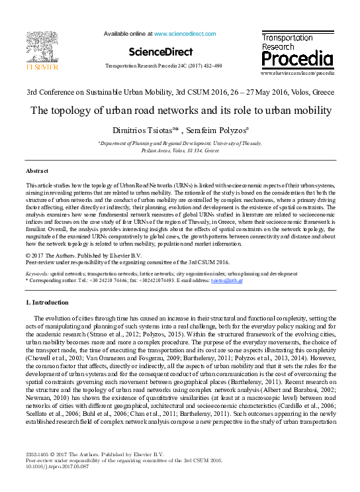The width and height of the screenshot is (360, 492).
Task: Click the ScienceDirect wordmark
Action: (x=161, y=52)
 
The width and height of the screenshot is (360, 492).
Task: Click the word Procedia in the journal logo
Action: (x=296, y=60)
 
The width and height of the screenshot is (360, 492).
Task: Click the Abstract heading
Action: (x=37, y=171)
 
